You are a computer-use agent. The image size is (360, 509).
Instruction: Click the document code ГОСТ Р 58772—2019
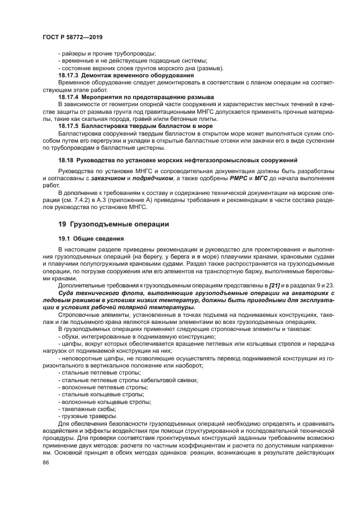coord(72,37)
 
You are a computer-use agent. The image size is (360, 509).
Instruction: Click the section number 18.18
coord(66,160)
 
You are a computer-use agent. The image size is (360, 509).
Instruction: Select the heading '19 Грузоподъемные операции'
coord(113,224)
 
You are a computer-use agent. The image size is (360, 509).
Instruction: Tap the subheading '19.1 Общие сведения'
coord(90,238)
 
